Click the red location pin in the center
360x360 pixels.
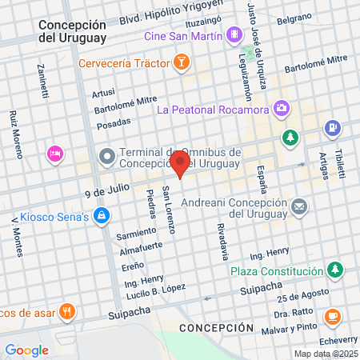point(180,165)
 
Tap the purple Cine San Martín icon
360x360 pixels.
point(233,35)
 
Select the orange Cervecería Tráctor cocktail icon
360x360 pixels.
point(182,62)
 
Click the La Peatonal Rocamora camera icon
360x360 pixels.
point(281,107)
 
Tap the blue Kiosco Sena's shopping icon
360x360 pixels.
point(101,215)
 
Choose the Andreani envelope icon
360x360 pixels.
point(299,207)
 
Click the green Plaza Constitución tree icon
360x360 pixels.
point(338,268)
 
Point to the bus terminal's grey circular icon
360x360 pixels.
point(106,156)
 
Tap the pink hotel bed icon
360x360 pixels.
point(54,153)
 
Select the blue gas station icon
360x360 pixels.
point(333,127)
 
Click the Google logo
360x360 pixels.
point(26,350)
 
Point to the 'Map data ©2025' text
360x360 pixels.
point(326,354)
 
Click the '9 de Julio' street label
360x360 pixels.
point(106,193)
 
